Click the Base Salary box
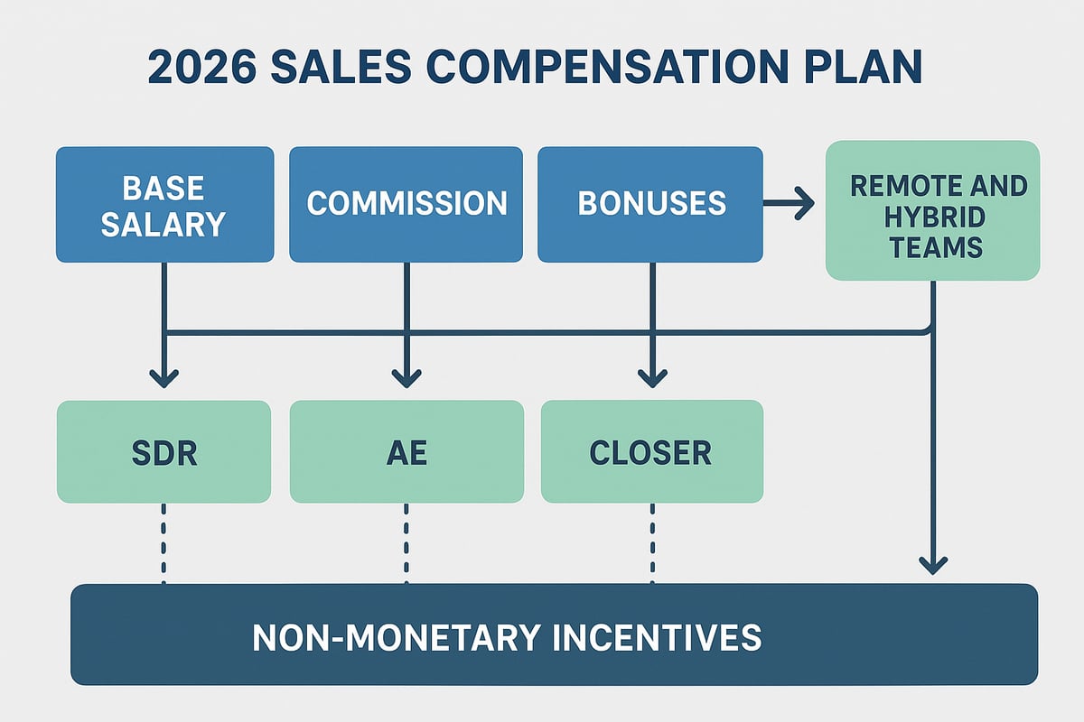point(164,205)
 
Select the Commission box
point(406,205)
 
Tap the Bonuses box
point(650,205)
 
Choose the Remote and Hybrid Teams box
point(932,210)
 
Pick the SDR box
point(164,451)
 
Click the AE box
point(406,451)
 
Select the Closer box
point(651,451)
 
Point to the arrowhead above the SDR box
point(164,376)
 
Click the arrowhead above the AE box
point(406,376)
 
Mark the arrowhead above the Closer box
point(651,376)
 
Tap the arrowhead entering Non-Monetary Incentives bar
point(932,564)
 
